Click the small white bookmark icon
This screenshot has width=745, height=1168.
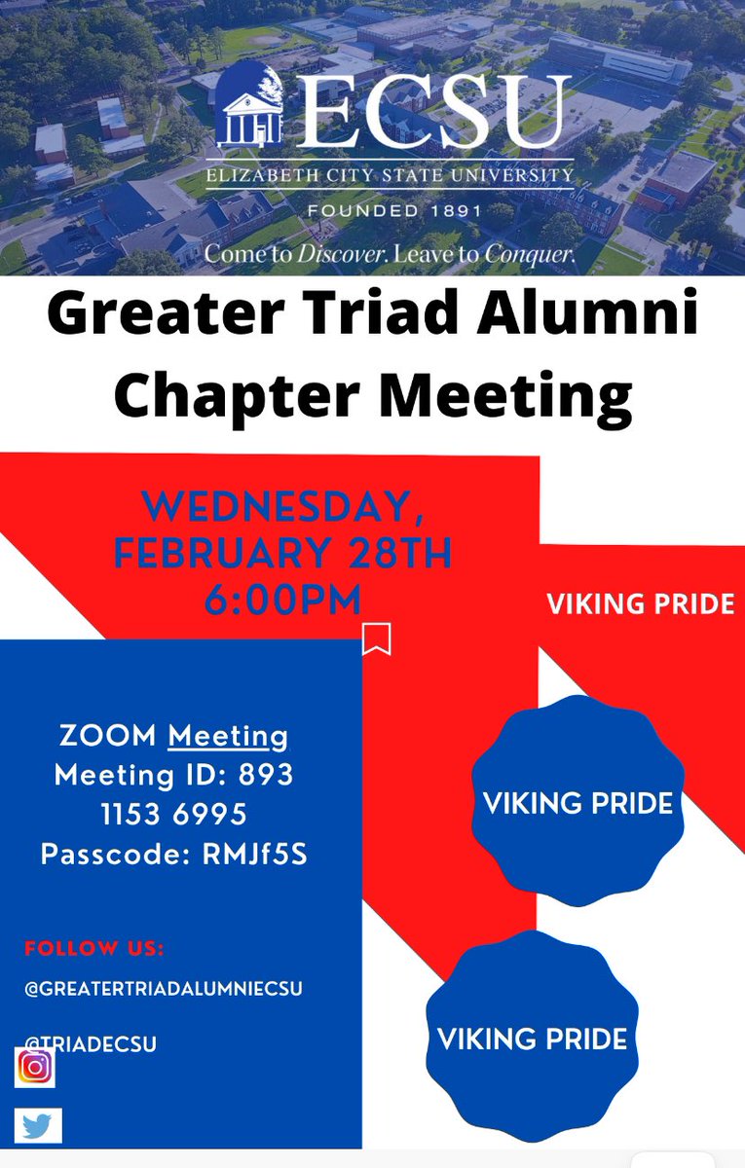tap(376, 639)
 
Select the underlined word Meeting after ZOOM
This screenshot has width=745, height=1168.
tap(228, 737)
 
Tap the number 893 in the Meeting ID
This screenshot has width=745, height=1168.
tap(264, 776)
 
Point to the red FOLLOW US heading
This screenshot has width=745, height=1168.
tap(94, 948)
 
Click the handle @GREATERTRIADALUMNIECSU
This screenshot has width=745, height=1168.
tap(164, 989)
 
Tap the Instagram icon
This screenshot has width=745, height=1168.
tap(35, 1067)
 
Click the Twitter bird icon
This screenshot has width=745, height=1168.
tap(38, 1125)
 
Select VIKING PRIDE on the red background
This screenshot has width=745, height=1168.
tap(640, 604)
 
